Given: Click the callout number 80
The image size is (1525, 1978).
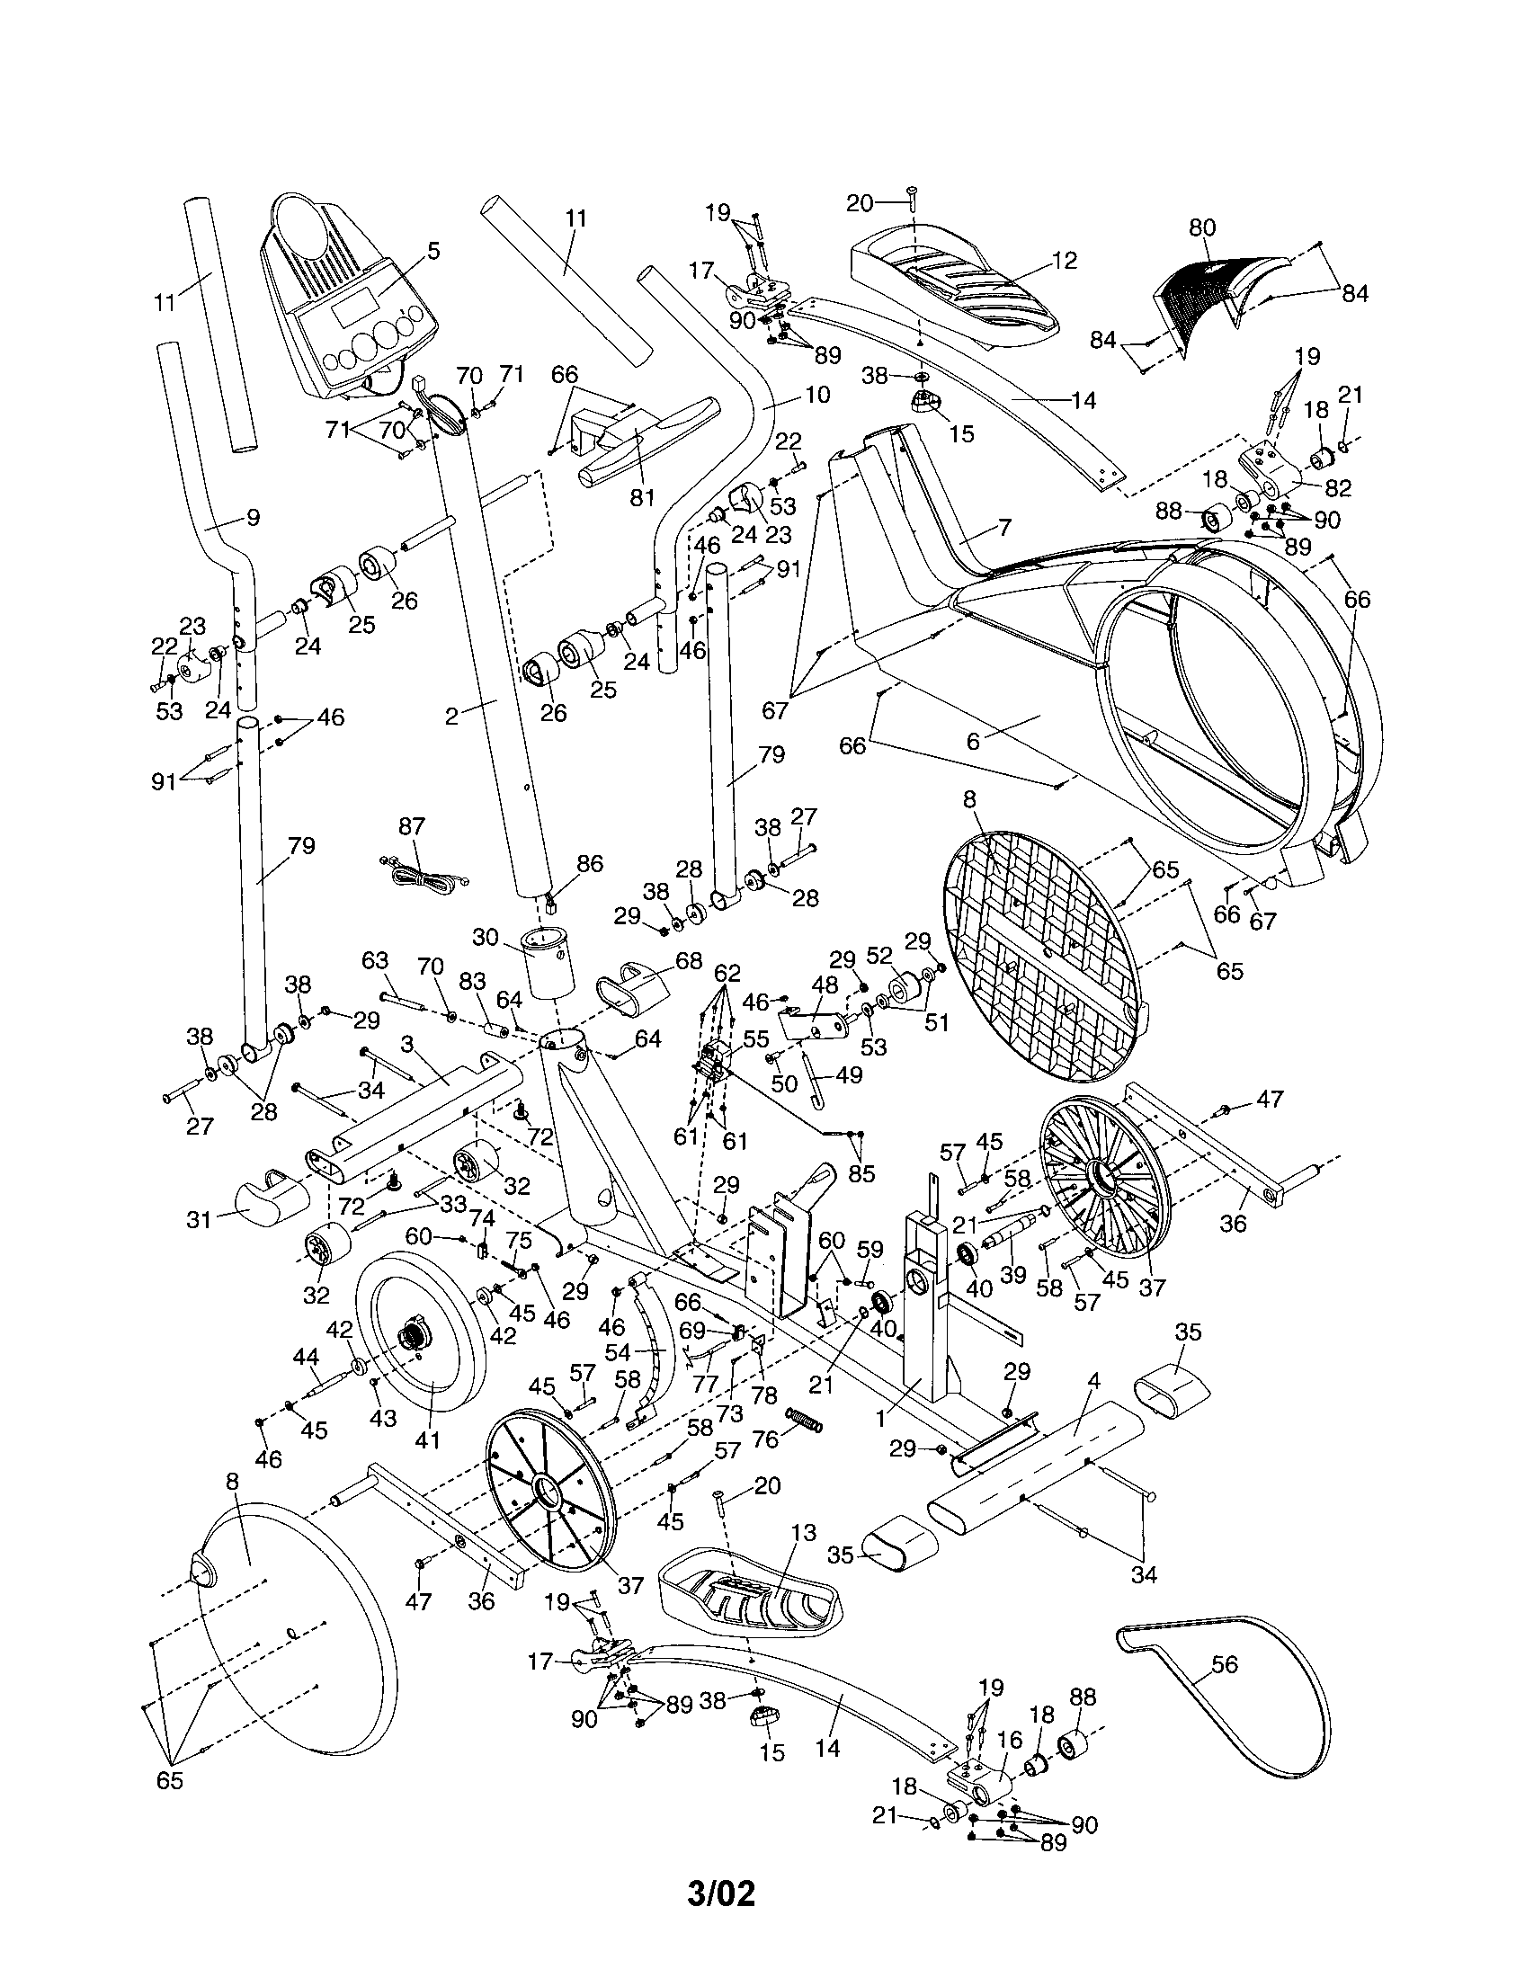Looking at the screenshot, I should click(1200, 227).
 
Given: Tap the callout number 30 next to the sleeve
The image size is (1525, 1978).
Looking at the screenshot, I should click(486, 937).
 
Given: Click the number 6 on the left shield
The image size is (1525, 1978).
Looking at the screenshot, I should click(974, 742).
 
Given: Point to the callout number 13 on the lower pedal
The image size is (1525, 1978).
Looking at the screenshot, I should click(802, 1532).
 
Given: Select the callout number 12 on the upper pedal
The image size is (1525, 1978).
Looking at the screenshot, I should click(1065, 261).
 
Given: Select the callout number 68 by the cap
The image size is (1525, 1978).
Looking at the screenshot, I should click(688, 960).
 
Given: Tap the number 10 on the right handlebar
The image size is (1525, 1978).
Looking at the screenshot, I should click(816, 395).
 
